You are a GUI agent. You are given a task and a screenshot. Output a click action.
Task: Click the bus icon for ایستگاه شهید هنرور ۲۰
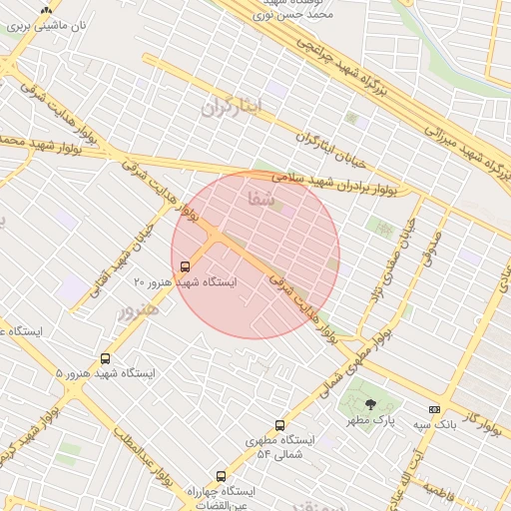(186, 266)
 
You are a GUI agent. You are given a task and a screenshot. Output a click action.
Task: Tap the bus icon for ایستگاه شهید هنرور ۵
(105, 358)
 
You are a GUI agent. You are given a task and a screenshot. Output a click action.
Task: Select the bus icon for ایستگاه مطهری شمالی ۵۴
(279, 425)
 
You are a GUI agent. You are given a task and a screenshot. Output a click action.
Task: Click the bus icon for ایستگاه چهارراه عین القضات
(221, 477)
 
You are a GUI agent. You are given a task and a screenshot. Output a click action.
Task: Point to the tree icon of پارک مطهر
(371, 404)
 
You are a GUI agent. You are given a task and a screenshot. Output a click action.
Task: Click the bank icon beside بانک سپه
(434, 409)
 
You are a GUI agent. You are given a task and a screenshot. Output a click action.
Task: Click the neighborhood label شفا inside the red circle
(259, 199)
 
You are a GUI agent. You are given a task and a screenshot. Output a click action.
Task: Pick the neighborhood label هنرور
(140, 310)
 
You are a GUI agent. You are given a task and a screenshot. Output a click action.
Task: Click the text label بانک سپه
(409, 421)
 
